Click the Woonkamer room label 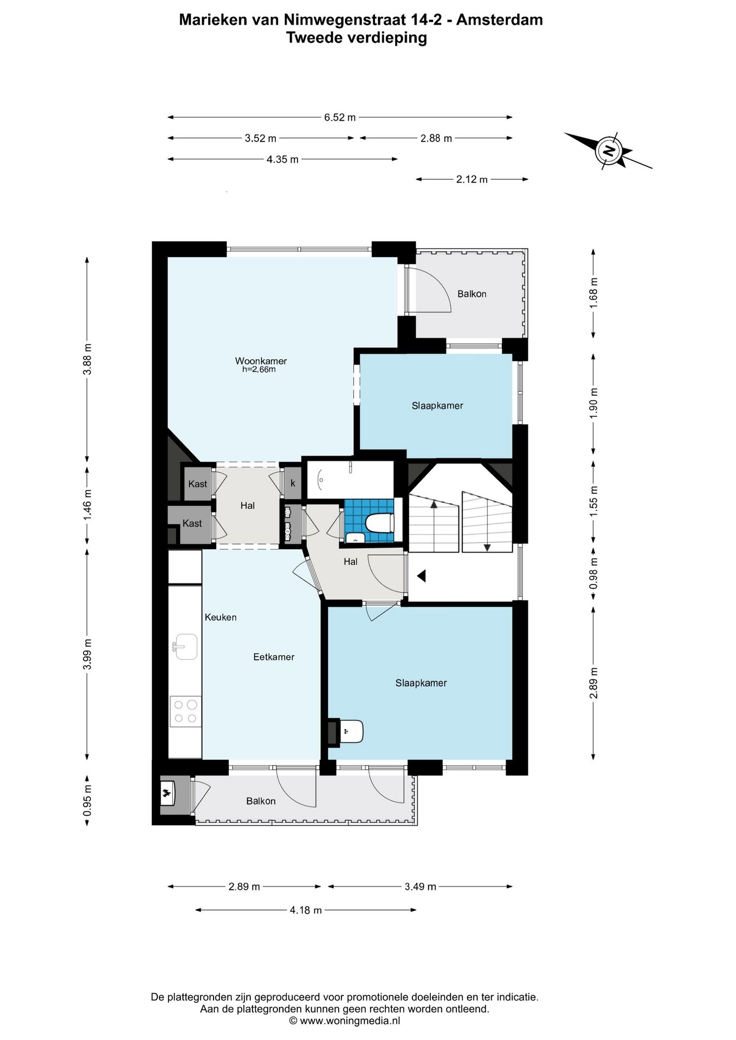[261, 361]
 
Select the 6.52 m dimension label [340, 117]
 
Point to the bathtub [350, 479]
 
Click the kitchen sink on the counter [185, 647]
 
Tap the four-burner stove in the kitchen [185, 711]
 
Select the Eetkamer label [274, 657]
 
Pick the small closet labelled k [293, 483]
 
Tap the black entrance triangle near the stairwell [421, 576]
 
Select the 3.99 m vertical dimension [87, 654]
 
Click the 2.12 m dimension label [472, 179]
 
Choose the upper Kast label [197, 484]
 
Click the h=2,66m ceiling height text [259, 370]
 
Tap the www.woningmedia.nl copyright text [345, 1021]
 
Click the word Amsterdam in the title [500, 20]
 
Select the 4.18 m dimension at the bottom [306, 910]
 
